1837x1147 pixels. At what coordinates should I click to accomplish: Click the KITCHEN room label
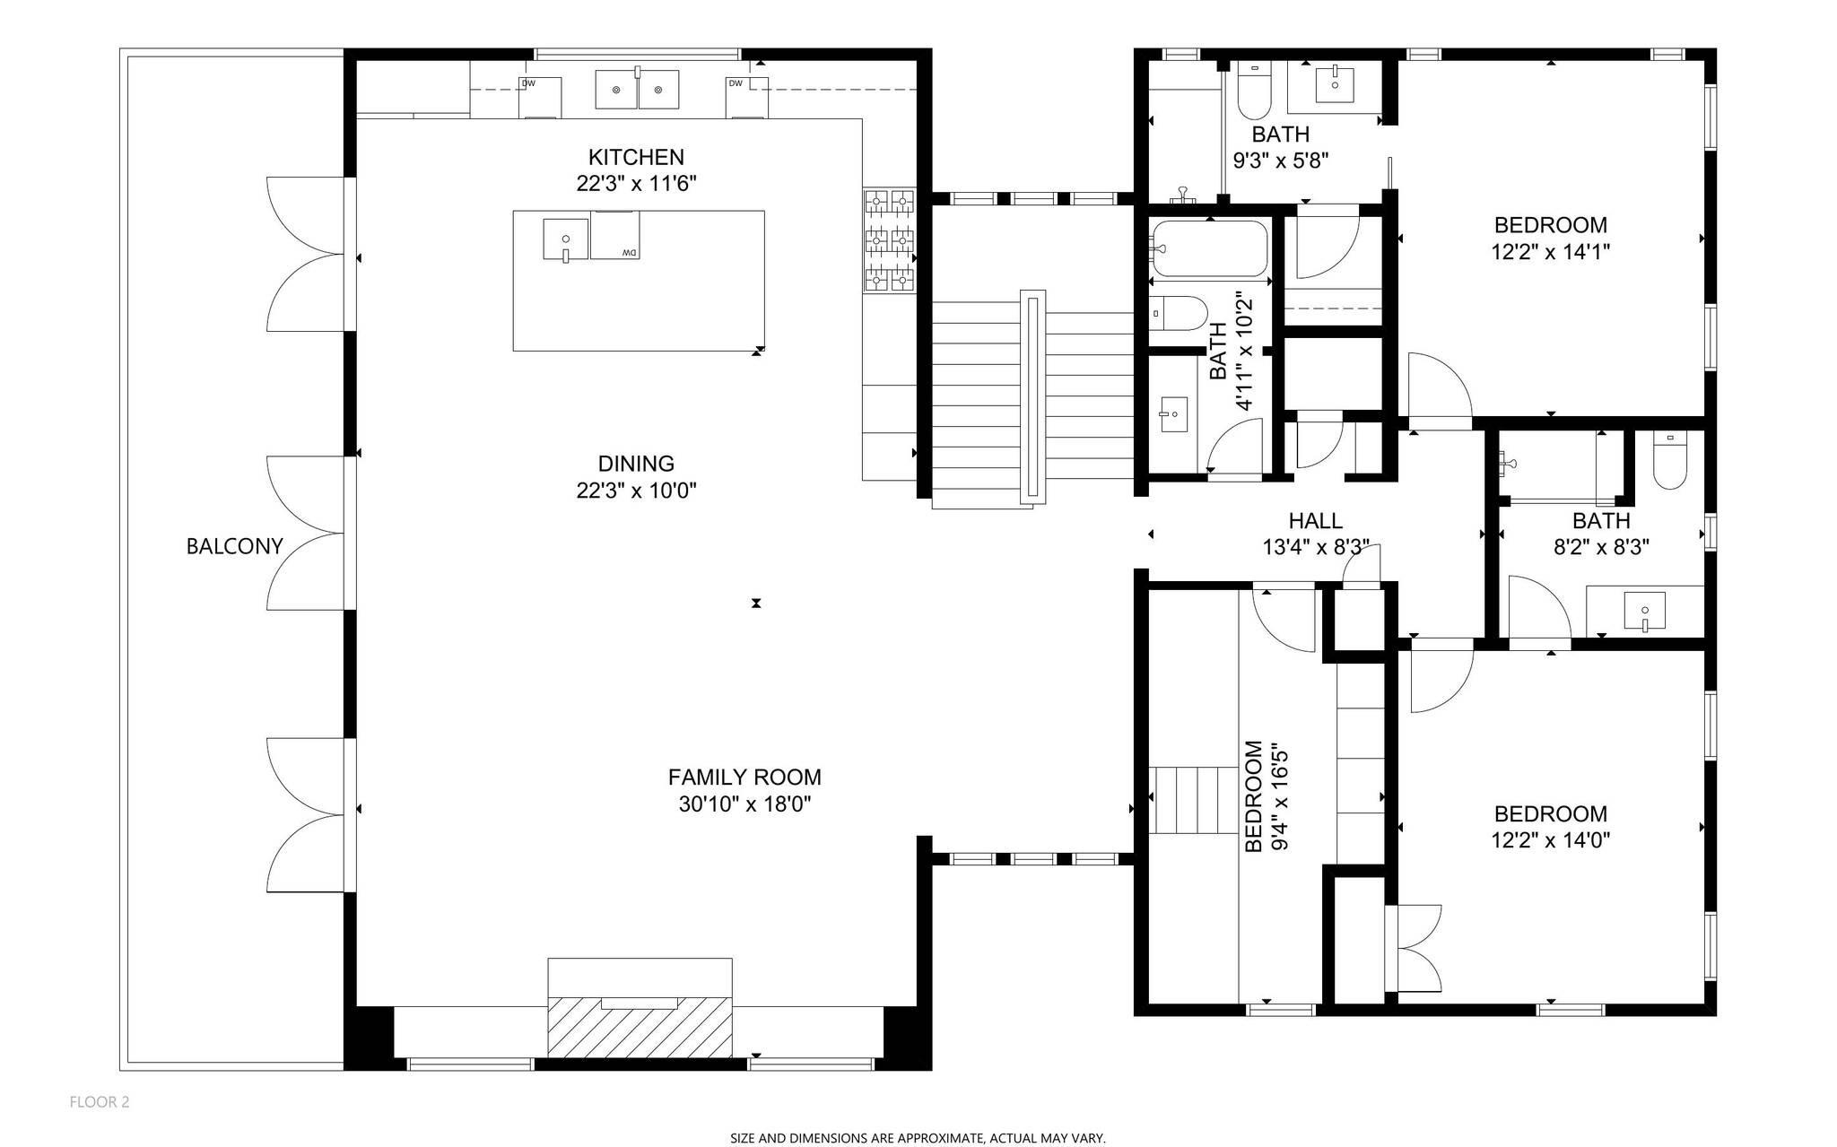pos(636,157)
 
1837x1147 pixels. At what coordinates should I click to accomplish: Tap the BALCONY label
pos(234,546)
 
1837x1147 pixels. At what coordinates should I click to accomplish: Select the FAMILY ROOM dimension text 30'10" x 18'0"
pos(744,804)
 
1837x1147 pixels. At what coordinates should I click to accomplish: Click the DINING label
pos(636,464)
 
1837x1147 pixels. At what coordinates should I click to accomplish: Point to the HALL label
pos(1315,521)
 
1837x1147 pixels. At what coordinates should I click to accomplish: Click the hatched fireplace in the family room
pos(640,1026)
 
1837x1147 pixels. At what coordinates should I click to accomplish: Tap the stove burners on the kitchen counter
pos(889,240)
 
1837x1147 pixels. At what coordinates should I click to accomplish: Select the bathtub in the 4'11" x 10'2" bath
pos(1209,248)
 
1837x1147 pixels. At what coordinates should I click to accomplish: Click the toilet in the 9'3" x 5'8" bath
pos(1254,92)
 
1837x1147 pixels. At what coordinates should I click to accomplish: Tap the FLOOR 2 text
pos(100,1102)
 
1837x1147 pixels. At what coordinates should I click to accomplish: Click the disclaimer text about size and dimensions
pos(918,1138)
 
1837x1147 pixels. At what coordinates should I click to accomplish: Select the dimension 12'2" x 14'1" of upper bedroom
pos(1550,252)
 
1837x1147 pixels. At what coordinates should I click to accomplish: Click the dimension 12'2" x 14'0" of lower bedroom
pos(1550,840)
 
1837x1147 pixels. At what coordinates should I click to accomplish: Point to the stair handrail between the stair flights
pos(1033,397)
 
